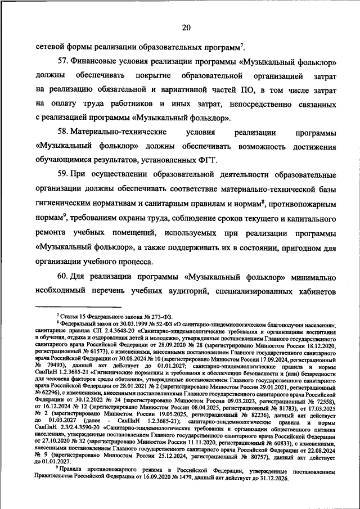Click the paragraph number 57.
point(64,60)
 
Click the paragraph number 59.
point(64,175)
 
